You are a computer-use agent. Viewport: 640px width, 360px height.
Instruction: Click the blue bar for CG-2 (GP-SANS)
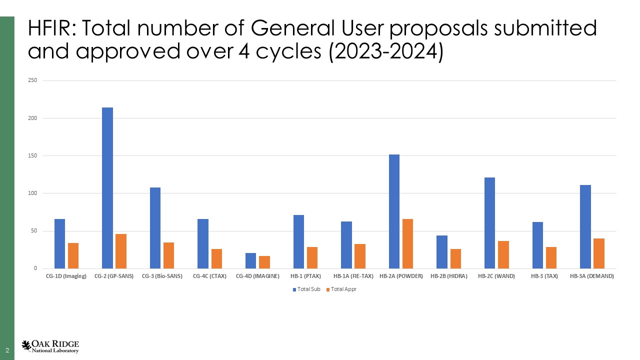[107, 188]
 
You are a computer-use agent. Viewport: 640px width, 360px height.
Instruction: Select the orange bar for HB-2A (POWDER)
[407, 243]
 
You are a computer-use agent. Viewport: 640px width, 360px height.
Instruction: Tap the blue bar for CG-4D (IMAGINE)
[250, 260]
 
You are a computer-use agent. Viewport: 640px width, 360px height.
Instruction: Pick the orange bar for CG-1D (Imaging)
[73, 255]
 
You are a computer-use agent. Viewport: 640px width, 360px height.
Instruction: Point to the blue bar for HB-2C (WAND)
[489, 223]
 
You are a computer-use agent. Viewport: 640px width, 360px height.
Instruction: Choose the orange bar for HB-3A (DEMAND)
[599, 253]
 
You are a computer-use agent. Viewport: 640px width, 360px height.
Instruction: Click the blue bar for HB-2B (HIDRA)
[442, 252]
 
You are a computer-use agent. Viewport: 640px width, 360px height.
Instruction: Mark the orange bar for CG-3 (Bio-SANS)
[168, 255]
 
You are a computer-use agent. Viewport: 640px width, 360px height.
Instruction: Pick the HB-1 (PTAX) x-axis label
[305, 276]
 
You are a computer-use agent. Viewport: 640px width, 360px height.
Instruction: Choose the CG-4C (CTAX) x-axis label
[209, 276]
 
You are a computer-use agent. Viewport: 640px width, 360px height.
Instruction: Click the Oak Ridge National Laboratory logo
[50, 346]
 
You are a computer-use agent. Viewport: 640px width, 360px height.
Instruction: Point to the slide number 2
[7, 349]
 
